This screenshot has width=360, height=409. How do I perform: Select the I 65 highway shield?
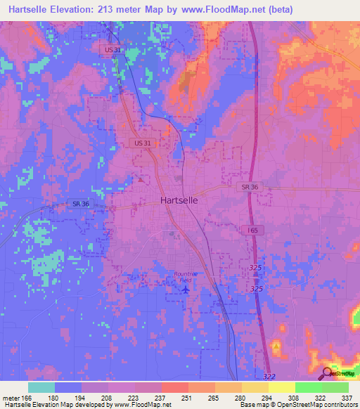click(x=252, y=231)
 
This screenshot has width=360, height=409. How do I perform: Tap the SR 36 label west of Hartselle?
click(x=82, y=204)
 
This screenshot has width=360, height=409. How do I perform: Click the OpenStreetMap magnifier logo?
click(x=327, y=373)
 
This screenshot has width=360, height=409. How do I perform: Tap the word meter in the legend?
click(x=11, y=397)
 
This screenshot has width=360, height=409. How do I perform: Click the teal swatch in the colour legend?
click(x=41, y=387)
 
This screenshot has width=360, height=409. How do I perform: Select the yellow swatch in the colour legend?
click(x=281, y=387)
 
